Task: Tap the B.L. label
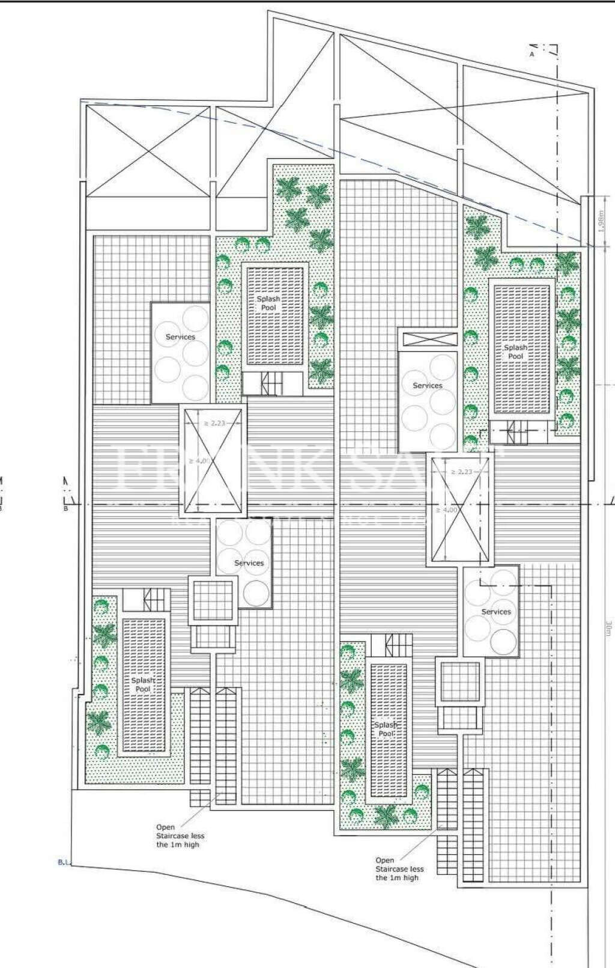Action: tap(64, 863)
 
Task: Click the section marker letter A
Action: tap(532, 54)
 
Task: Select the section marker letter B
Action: tap(65, 510)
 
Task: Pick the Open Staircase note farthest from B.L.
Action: tap(399, 869)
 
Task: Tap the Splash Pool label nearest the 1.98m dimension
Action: tap(515, 352)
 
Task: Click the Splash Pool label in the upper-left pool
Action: tap(268, 303)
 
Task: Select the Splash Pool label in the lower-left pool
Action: tap(143, 684)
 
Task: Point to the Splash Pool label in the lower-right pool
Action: tap(386, 729)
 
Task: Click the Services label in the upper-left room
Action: tap(180, 337)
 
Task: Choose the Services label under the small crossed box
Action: tap(428, 386)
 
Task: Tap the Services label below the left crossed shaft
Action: tap(249, 563)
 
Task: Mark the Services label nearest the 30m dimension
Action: tap(496, 612)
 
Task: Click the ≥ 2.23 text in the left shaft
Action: tap(214, 423)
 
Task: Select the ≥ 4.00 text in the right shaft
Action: tap(446, 510)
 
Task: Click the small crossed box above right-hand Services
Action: tap(428, 338)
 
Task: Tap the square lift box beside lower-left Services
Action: tap(211, 600)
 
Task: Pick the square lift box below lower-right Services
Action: tap(461, 683)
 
